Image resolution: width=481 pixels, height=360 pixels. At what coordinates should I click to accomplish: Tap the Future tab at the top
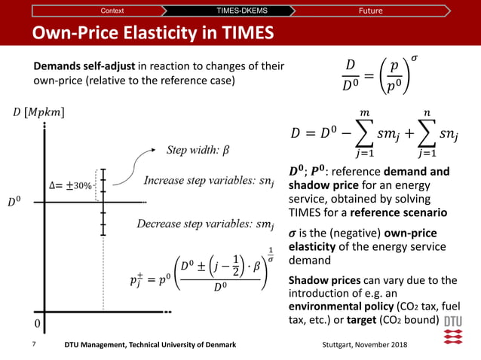(x=370, y=11)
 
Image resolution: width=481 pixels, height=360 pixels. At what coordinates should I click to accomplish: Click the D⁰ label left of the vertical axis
(x=15, y=202)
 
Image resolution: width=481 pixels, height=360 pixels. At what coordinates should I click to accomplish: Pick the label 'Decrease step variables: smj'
(x=204, y=224)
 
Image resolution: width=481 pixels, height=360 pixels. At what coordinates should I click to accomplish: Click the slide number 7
(x=34, y=344)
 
